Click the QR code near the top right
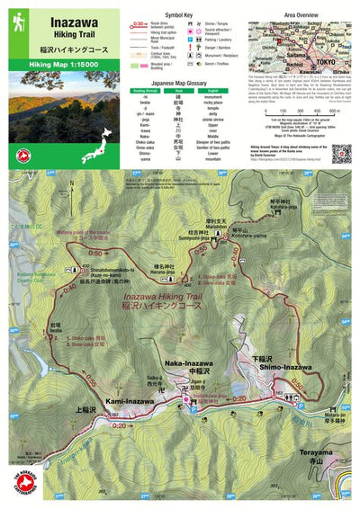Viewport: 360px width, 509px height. click(341, 153)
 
